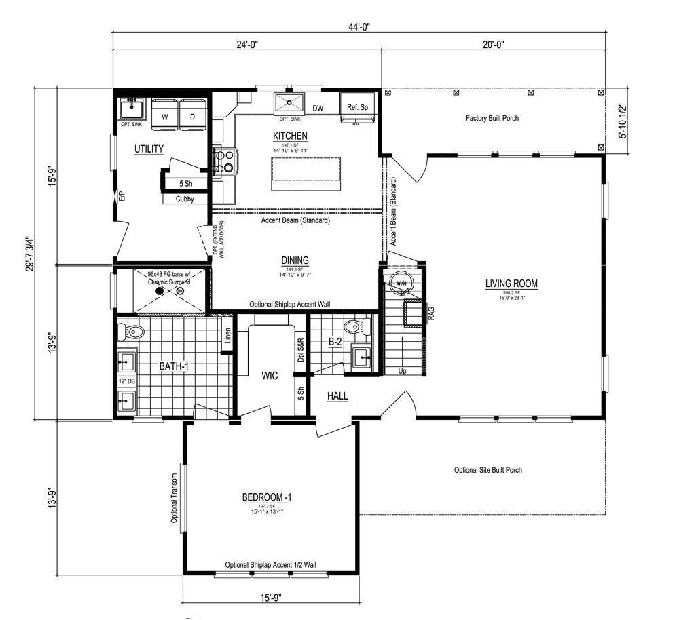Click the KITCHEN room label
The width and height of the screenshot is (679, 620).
click(291, 136)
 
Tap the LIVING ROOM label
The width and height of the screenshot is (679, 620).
click(511, 284)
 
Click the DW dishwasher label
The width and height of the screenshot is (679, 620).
click(318, 109)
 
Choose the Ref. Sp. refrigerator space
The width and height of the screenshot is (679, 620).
click(358, 108)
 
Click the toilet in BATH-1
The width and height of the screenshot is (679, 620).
click(132, 332)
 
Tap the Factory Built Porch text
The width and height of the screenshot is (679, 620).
click(492, 118)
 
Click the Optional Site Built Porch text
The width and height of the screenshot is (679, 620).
click(488, 470)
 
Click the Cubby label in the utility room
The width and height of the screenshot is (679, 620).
click(185, 199)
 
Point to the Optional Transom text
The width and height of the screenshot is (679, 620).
click(175, 498)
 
